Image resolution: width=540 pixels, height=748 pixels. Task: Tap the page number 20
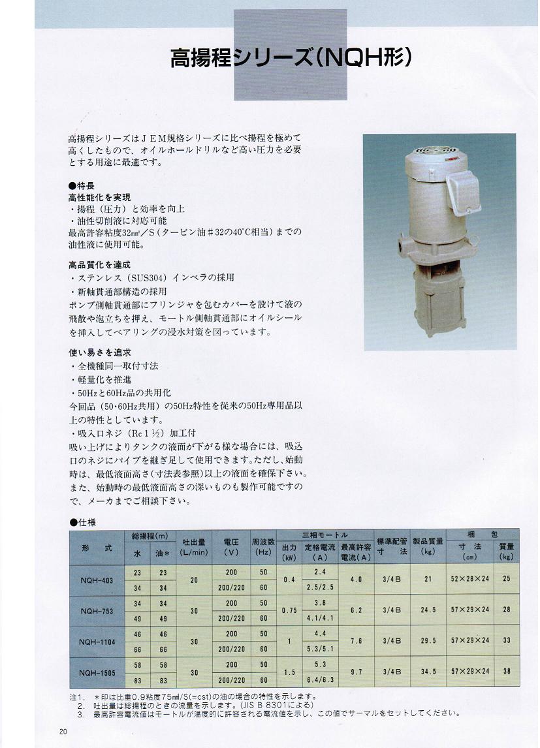click(x=63, y=731)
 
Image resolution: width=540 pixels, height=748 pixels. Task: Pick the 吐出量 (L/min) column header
click(x=193, y=547)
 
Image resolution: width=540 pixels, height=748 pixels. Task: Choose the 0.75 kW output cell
click(x=289, y=610)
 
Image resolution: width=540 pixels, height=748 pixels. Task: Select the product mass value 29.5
click(x=428, y=640)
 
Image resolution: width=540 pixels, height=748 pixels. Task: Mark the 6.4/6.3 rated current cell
click(x=320, y=679)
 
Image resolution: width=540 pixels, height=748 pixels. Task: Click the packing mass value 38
click(x=507, y=671)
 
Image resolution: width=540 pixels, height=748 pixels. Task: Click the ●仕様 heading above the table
click(x=82, y=522)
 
